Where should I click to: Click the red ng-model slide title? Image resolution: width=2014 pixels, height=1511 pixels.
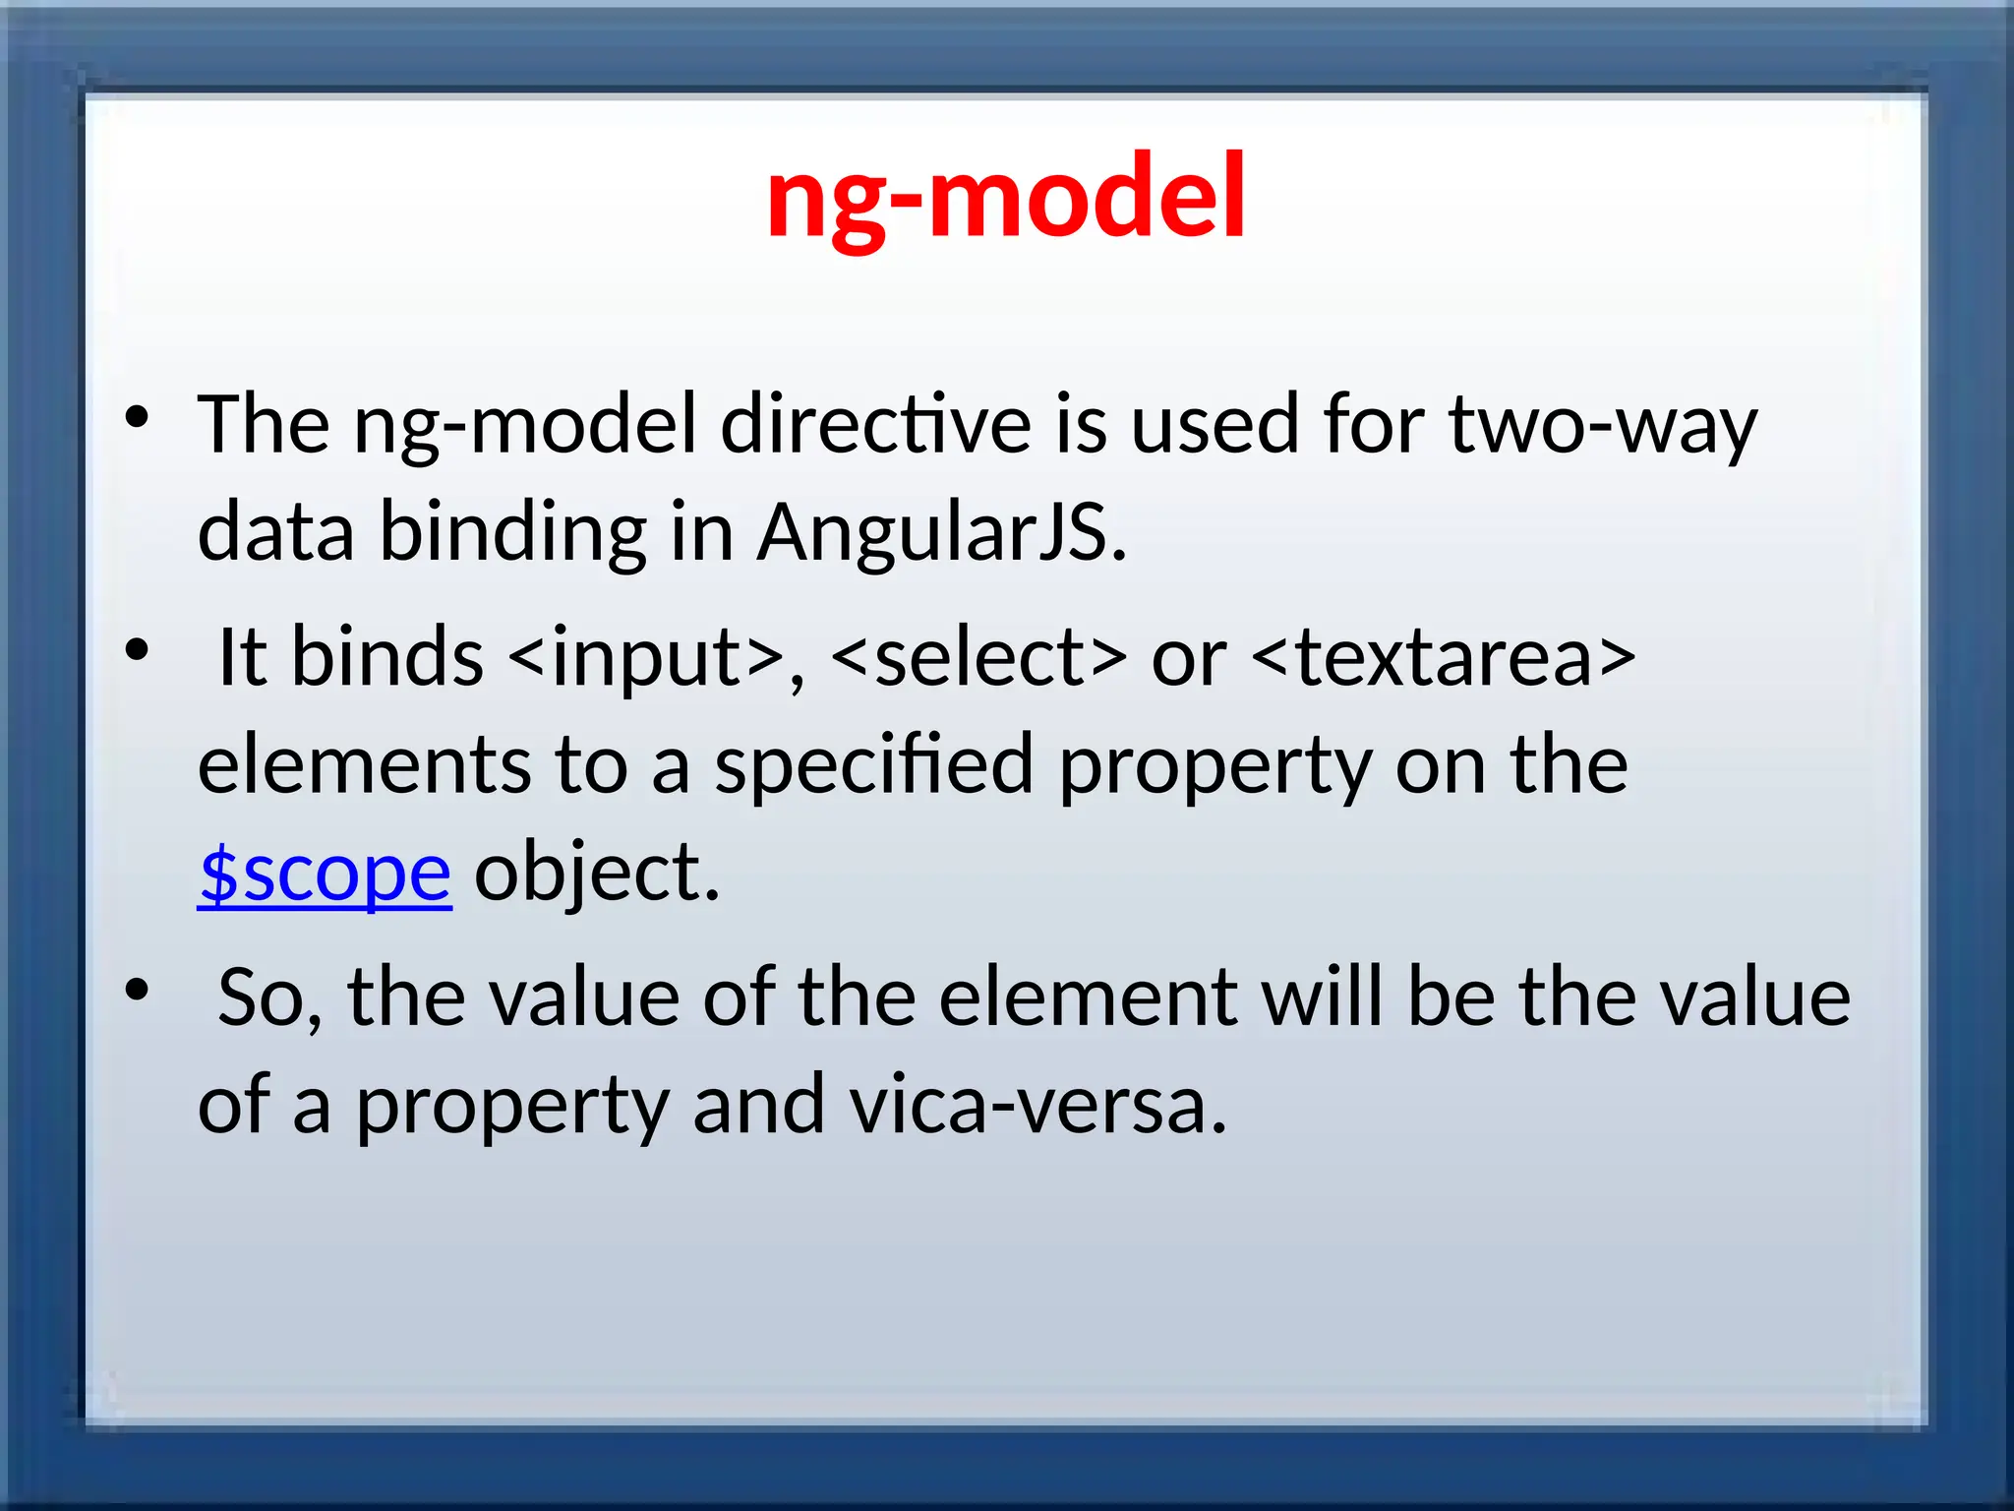click(1006, 197)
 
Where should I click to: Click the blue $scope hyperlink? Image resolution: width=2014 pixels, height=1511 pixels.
click(325, 874)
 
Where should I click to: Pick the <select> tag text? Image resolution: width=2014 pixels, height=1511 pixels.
click(977, 657)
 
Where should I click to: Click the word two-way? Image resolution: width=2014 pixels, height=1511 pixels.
click(1602, 425)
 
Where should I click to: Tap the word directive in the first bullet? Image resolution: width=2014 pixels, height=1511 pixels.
click(875, 425)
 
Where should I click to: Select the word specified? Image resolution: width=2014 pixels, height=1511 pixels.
click(873, 765)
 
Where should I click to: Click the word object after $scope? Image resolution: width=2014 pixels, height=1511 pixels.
click(596, 874)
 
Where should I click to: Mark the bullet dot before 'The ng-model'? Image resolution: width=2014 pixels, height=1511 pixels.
click(137, 418)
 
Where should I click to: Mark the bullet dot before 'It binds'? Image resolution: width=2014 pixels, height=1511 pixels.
click(137, 650)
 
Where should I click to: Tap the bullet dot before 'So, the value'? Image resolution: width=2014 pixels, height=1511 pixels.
click(137, 991)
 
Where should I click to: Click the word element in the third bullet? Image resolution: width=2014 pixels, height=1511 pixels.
click(1088, 997)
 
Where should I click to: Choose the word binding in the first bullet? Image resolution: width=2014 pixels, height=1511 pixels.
click(512, 532)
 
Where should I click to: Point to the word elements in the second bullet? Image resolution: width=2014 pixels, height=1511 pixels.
click(364, 765)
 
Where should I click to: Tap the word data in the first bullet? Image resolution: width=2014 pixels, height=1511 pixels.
click(275, 532)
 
